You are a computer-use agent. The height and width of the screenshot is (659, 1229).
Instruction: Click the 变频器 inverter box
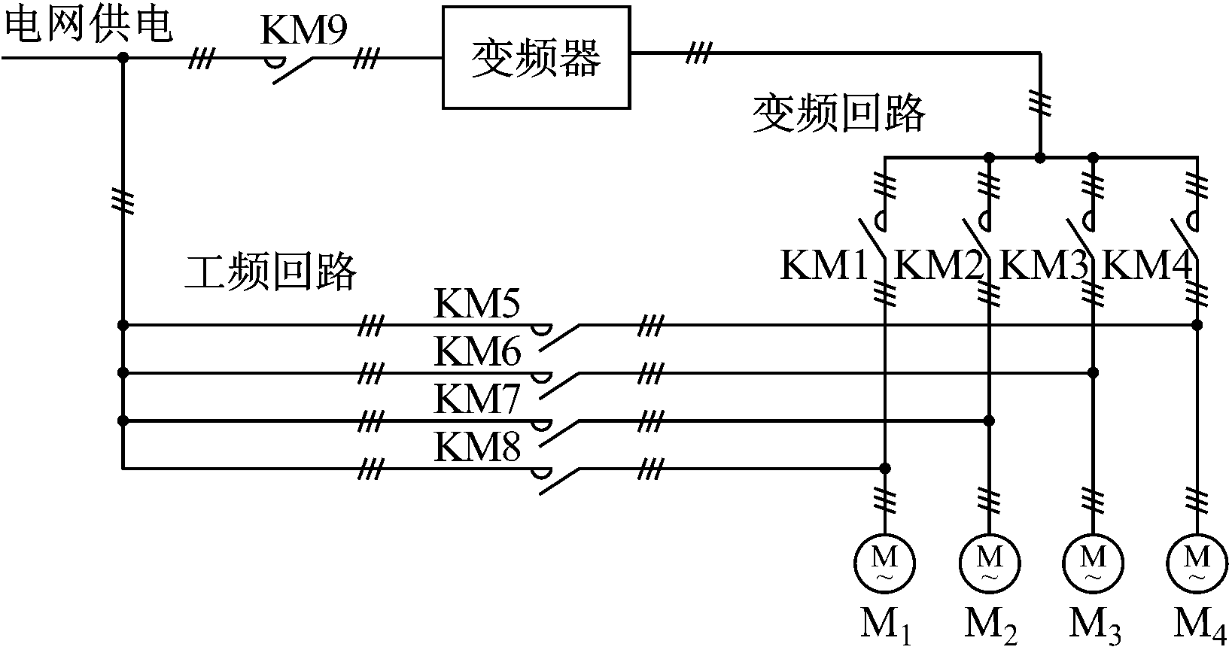click(535, 57)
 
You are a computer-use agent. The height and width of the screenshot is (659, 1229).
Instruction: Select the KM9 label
click(303, 29)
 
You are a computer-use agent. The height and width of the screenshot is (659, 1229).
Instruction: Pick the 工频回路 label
click(270, 272)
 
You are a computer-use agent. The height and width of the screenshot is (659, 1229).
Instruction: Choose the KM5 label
click(476, 305)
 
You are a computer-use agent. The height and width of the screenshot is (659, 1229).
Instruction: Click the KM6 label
click(476, 351)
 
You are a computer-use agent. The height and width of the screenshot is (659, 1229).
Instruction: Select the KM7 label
click(476, 399)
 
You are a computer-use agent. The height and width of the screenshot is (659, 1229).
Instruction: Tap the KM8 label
click(476, 447)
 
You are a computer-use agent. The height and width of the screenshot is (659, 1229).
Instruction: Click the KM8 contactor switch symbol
click(557, 480)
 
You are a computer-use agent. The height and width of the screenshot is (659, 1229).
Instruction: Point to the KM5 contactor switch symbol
click(557, 336)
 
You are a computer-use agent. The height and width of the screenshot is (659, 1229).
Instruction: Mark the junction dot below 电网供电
click(123, 56)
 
